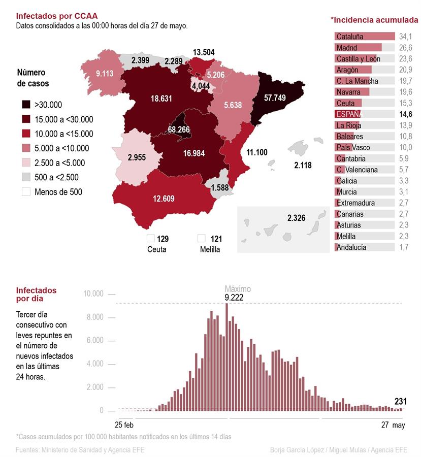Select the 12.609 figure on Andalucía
[x=164, y=198]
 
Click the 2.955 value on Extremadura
[x=137, y=157]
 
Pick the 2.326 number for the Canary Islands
[x=296, y=218]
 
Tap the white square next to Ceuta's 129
[x=150, y=238]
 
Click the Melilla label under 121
[x=210, y=249]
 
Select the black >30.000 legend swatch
[x=25, y=105]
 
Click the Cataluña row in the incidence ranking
[x=365, y=37]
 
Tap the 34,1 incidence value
[x=406, y=37]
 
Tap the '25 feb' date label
[x=124, y=425]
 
